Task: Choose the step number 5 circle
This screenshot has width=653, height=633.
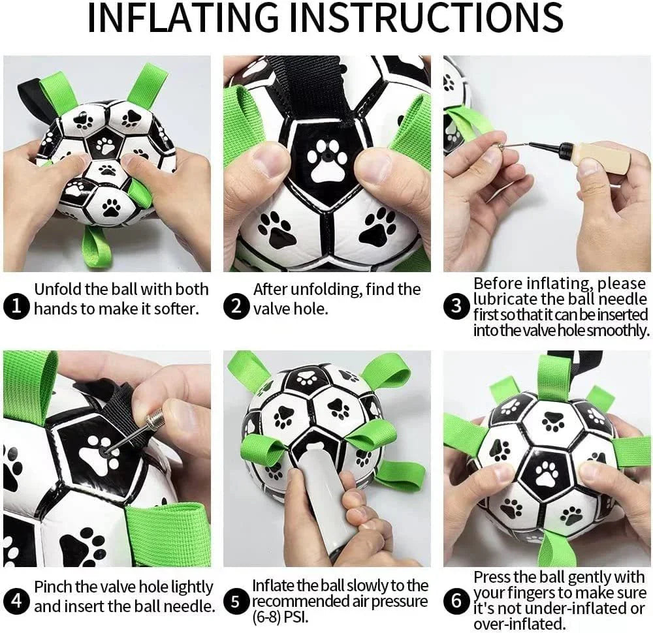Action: click(x=236, y=600)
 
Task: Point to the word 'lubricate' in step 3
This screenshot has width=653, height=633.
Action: click(x=507, y=300)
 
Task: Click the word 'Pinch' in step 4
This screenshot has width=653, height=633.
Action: click(x=56, y=587)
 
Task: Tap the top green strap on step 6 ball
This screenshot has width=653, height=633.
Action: click(x=553, y=378)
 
